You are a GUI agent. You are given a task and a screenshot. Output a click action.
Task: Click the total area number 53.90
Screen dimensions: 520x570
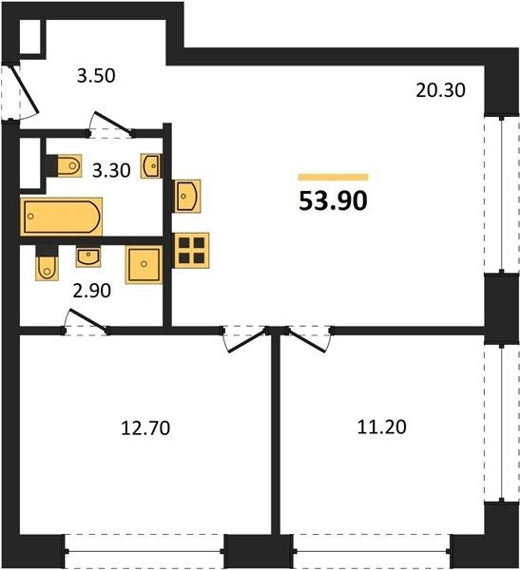pyautogui.click(x=333, y=201)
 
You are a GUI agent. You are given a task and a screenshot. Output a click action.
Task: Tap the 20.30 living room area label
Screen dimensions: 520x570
pyautogui.click(x=440, y=90)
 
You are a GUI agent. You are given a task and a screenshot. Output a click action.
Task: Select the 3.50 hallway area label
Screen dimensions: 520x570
pyautogui.click(x=96, y=76)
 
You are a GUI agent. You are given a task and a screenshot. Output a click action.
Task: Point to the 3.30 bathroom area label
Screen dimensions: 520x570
pyautogui.click(x=111, y=170)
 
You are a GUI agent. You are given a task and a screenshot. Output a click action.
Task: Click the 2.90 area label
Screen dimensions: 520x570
pyautogui.click(x=91, y=291)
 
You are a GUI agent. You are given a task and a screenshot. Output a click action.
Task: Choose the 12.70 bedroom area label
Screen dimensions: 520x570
pyautogui.click(x=145, y=427)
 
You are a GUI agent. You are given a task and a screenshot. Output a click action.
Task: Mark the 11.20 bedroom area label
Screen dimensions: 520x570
pyautogui.click(x=382, y=427)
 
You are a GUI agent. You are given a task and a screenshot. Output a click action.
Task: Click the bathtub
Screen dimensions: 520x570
pyautogui.click(x=61, y=217)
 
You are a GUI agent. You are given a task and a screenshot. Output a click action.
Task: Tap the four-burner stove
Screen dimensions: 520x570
pyautogui.click(x=191, y=251)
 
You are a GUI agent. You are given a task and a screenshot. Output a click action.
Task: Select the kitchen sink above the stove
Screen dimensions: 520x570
pyautogui.click(x=187, y=196)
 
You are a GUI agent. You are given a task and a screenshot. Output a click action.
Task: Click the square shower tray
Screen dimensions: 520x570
pyautogui.click(x=144, y=264)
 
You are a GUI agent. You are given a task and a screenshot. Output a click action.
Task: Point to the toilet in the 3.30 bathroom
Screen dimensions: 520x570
pyautogui.click(x=68, y=165)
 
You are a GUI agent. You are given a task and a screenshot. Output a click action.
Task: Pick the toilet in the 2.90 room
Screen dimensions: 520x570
pyautogui.click(x=47, y=268)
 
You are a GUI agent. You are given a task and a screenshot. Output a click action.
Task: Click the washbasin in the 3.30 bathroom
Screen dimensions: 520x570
pyautogui.click(x=151, y=165)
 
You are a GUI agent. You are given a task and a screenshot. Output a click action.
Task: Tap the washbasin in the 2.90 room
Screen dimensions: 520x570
pyautogui.click(x=88, y=256)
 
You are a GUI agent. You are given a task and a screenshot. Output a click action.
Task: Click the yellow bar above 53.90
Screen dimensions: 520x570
pyautogui.click(x=333, y=177)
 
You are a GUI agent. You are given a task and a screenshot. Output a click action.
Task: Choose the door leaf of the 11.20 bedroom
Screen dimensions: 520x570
pyautogui.click(x=306, y=341)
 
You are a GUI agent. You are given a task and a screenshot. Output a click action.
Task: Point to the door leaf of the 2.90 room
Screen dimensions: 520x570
pyautogui.click(x=88, y=320)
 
